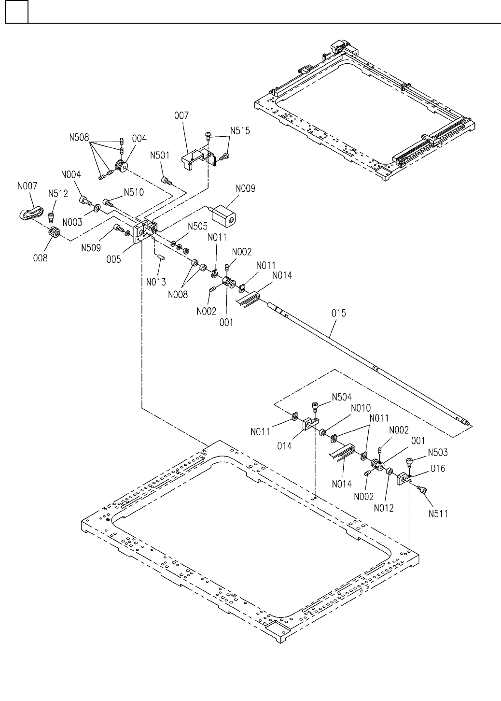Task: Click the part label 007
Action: coord(182,116)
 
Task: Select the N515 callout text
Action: coord(240,130)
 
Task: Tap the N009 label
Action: coord(246,188)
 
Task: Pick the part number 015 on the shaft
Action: coord(339,314)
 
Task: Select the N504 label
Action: coord(341,397)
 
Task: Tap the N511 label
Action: coord(437,513)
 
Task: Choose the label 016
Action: coord(438,469)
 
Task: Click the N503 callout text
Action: coord(437,453)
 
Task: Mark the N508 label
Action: coord(78,138)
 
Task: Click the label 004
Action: coord(139,139)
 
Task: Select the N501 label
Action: coord(159,156)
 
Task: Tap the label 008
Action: coord(41,258)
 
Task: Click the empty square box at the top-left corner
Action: coord(16,12)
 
